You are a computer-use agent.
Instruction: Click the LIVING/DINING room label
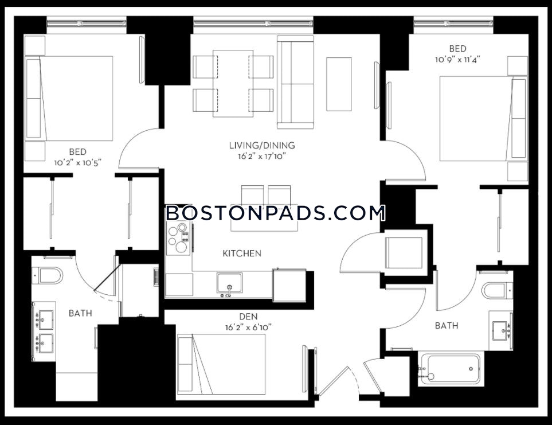pyautogui.click(x=262, y=145)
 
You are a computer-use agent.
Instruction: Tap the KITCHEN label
pyautogui.click(x=242, y=253)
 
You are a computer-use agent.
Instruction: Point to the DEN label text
pyautogui.click(x=248, y=316)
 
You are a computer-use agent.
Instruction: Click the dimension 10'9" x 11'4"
pyautogui.click(x=457, y=60)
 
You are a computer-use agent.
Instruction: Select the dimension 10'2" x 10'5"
pyautogui.click(x=77, y=163)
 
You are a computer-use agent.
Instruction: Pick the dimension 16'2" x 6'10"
pyautogui.click(x=248, y=327)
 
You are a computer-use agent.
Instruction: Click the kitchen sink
pyautogui.click(x=229, y=283)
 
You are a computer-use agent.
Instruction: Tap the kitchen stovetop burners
pyautogui.click(x=178, y=237)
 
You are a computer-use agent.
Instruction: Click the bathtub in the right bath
pyautogui.click(x=451, y=369)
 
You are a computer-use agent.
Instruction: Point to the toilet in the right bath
pyautogui.click(x=497, y=290)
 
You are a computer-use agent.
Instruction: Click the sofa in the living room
pyautogui.click(x=295, y=82)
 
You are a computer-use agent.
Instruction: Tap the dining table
pyautogui.click(x=233, y=83)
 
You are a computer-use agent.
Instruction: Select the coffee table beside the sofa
pyautogui.click(x=339, y=84)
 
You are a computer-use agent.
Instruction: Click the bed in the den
pyautogui.click(x=221, y=364)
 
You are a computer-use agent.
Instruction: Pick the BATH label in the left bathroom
pyautogui.click(x=80, y=313)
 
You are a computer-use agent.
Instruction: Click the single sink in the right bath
pyautogui.click(x=501, y=331)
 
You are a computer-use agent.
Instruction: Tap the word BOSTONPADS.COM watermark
pyautogui.click(x=276, y=213)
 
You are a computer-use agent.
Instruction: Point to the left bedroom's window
pyautogui.click(x=87, y=24)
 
